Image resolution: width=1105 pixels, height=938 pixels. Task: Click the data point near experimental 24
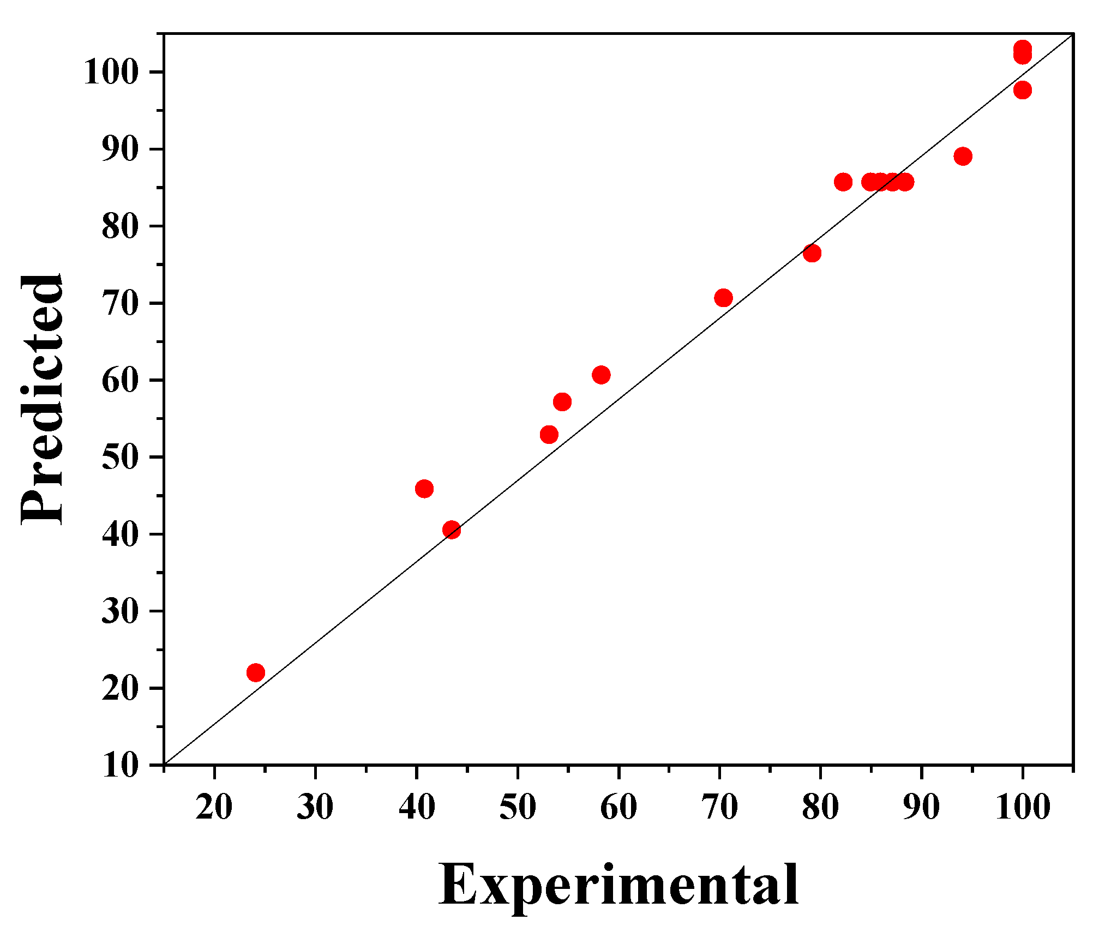(x=255, y=672)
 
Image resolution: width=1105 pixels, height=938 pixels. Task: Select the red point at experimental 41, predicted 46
(x=424, y=489)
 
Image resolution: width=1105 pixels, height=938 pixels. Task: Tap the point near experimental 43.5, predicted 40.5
(x=452, y=530)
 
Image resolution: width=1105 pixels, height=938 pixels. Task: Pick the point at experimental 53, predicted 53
(x=549, y=435)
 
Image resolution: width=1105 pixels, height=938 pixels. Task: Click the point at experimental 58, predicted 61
(x=600, y=375)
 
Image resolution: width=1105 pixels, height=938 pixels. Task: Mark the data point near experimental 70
(x=723, y=298)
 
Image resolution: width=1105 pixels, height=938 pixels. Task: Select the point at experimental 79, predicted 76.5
(x=812, y=253)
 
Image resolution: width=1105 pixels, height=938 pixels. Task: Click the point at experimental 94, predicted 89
(x=963, y=157)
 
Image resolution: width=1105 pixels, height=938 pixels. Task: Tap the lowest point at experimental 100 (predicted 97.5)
(x=1023, y=90)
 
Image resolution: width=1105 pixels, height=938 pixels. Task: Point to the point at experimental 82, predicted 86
(x=843, y=182)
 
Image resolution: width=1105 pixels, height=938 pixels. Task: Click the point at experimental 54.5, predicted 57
(x=562, y=402)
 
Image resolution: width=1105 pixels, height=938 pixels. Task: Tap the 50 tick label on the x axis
(x=517, y=807)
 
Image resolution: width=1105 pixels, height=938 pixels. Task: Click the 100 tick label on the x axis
(x=1023, y=807)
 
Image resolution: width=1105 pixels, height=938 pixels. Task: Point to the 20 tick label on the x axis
(x=214, y=807)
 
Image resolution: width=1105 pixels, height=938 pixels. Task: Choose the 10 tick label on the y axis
(x=120, y=766)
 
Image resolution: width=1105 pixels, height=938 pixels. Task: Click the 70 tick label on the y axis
(x=120, y=303)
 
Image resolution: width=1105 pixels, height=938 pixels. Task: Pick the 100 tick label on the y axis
(x=110, y=72)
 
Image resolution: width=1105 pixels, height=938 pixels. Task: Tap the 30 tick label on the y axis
(x=120, y=611)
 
